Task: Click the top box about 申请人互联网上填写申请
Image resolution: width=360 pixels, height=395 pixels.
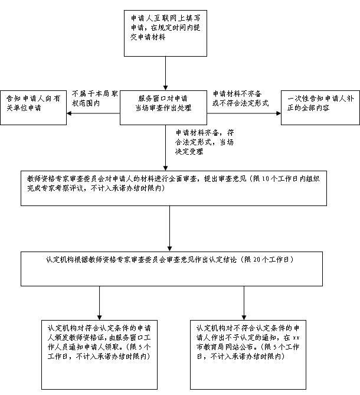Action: tap(165, 33)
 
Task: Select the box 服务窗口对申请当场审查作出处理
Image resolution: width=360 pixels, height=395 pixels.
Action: tap(163, 107)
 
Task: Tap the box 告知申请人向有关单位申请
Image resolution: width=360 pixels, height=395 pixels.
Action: tap(33, 107)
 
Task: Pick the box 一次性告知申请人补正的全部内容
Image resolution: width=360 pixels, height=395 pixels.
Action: tap(320, 107)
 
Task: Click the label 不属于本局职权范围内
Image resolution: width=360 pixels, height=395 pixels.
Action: tap(95, 99)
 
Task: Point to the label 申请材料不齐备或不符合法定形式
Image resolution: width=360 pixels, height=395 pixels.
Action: tap(240, 99)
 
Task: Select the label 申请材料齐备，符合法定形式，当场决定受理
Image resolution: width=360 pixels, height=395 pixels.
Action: tap(204, 142)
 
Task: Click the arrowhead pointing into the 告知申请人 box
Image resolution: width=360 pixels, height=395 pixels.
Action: tap(69, 113)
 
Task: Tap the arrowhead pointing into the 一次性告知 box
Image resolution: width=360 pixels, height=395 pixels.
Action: tap(279, 113)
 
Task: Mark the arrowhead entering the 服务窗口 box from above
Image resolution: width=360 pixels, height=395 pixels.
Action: tap(165, 88)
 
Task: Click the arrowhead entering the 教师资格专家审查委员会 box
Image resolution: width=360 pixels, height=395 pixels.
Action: tap(165, 168)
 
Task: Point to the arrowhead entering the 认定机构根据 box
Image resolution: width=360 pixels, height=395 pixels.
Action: tap(170, 249)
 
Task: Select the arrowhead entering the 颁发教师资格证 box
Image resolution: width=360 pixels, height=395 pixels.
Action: tap(99, 318)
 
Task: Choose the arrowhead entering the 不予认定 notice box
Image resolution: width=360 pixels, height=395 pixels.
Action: tap(244, 318)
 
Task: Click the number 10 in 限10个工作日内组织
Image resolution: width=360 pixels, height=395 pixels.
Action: tap(266, 179)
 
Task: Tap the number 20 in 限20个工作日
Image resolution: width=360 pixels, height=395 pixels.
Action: tap(257, 260)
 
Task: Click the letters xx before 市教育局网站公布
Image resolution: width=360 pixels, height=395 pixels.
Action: tap(296, 338)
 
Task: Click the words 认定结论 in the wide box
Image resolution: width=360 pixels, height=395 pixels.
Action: tap(223, 260)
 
